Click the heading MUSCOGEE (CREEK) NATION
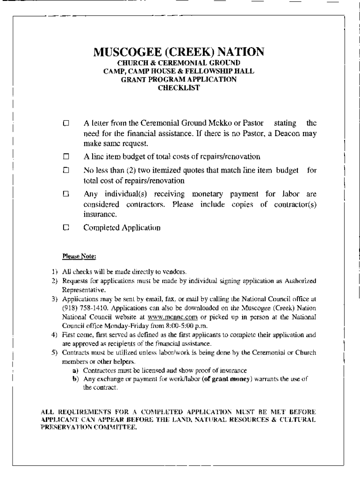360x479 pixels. point(179,51)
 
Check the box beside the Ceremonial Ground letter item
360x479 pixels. point(66,124)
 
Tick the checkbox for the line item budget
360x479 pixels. point(66,156)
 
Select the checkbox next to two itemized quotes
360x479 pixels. point(66,170)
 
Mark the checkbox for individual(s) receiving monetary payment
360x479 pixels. point(66,193)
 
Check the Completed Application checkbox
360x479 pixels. point(66,228)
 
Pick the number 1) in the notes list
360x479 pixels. point(54,271)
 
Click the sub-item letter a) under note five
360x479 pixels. point(74,371)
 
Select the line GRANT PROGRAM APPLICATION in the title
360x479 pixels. point(179,80)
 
